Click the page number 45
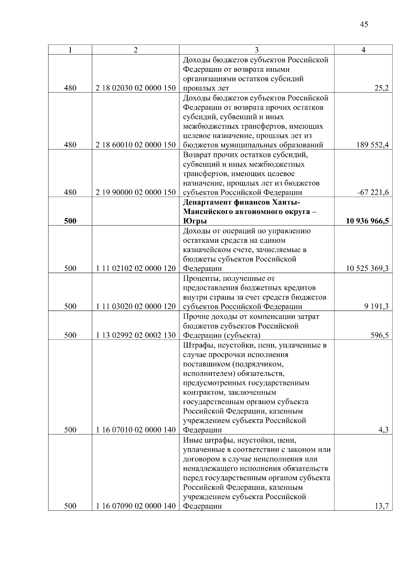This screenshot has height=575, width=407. pyautogui.click(x=364, y=24)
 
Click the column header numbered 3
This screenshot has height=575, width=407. pyautogui.click(x=256, y=50)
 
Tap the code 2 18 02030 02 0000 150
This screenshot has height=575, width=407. pyautogui.click(x=135, y=88)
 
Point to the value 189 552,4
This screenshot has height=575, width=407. pyautogui.click(x=372, y=145)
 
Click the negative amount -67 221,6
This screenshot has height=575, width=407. pyautogui.click(x=373, y=193)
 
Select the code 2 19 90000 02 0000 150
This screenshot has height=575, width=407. pyautogui.click(x=135, y=193)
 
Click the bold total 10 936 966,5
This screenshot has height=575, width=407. pyautogui.click(x=367, y=221)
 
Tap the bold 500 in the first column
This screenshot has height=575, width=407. pyautogui.click(x=70, y=221)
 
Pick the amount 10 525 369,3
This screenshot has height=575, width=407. pyautogui.click(x=367, y=269)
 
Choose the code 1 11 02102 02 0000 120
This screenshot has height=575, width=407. pyautogui.click(x=135, y=269)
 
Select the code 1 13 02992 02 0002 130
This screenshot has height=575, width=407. pyautogui.click(x=135, y=335)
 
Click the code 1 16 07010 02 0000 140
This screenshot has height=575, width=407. pyautogui.click(x=135, y=430)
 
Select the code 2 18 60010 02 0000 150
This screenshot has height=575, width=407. pyautogui.click(x=135, y=145)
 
